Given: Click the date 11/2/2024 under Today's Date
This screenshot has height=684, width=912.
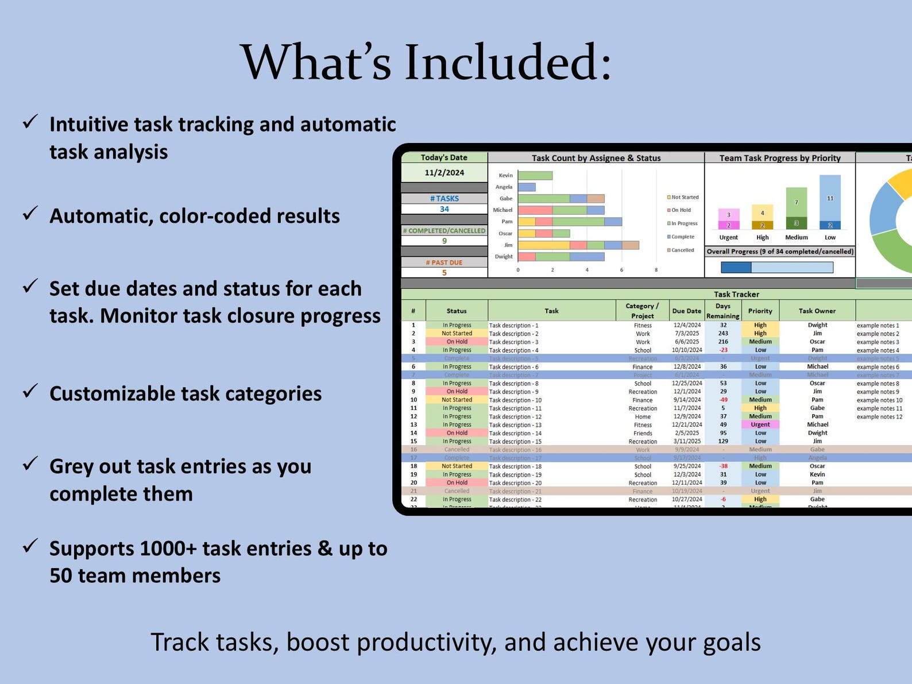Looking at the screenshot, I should click(444, 172).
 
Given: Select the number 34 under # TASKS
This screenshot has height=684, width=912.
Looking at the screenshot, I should click(444, 209).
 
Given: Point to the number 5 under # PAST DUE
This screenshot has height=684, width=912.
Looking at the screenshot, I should click(444, 273).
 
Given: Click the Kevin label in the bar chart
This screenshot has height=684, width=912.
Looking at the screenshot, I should click(505, 175).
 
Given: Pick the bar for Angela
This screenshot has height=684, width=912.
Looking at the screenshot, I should click(527, 187).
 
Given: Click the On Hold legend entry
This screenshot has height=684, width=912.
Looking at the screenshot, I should click(681, 210).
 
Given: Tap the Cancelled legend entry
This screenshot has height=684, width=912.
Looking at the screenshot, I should click(682, 250).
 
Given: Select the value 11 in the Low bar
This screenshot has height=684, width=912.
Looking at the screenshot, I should click(830, 198).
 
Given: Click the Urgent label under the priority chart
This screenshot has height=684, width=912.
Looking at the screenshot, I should click(728, 237).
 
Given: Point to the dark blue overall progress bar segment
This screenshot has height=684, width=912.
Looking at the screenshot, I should click(736, 267).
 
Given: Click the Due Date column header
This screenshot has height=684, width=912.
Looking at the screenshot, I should click(686, 311).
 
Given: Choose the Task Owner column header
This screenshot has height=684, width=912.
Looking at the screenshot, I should click(817, 311).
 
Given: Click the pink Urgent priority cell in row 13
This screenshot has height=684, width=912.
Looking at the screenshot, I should click(760, 424).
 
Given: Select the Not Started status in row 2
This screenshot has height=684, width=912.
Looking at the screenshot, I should click(457, 333).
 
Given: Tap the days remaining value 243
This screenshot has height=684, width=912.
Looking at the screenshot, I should click(723, 333).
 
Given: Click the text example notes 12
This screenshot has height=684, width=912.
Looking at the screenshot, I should click(879, 416).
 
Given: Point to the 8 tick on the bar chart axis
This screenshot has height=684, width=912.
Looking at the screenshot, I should click(656, 269).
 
